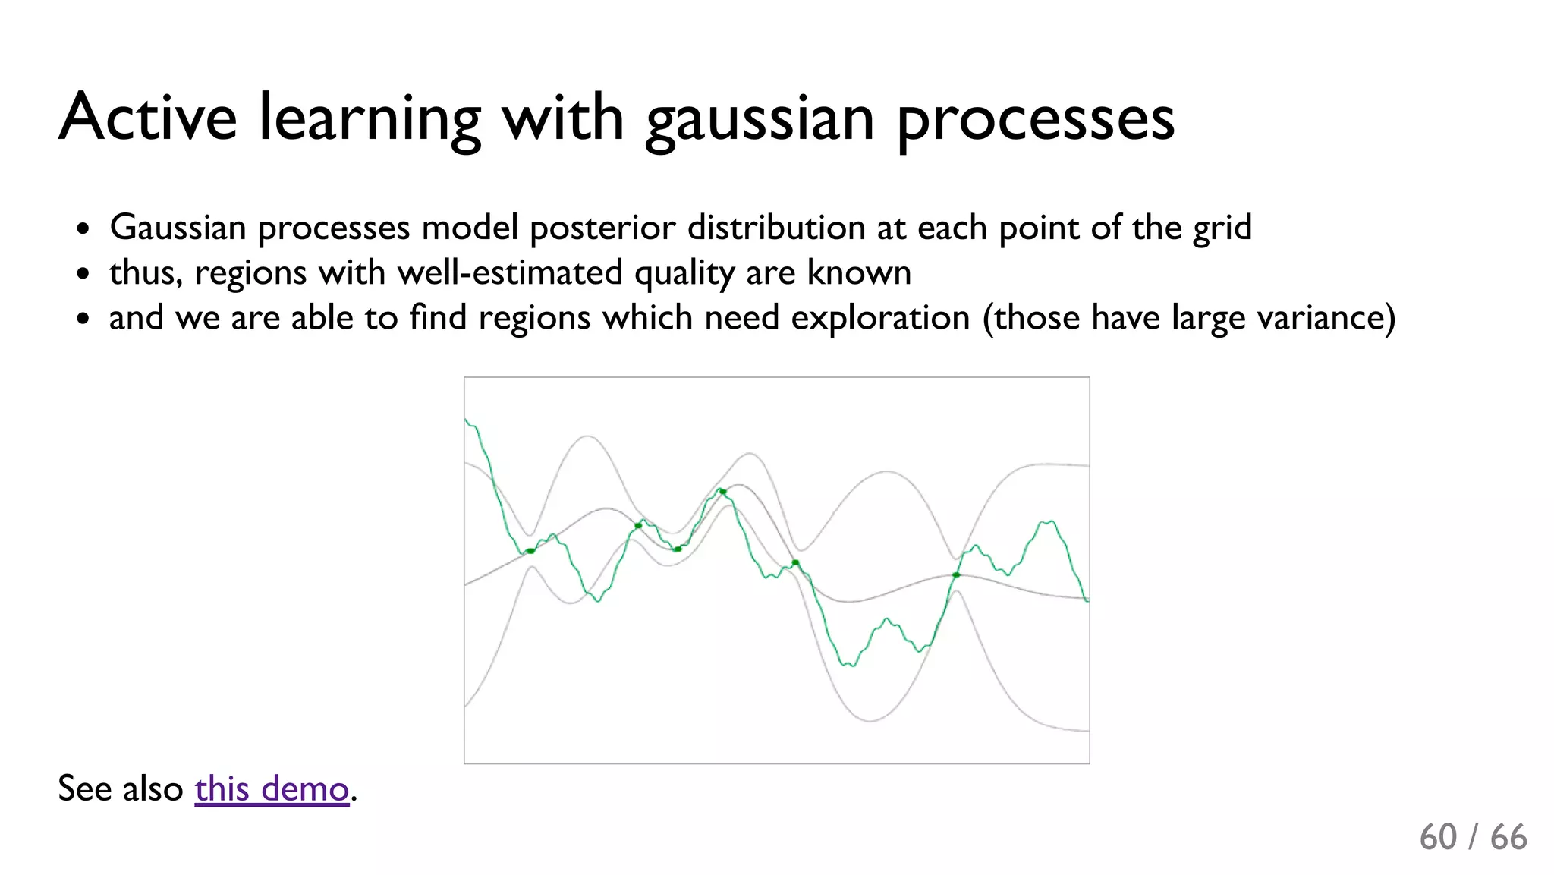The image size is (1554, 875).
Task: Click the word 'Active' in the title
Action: [x=148, y=118]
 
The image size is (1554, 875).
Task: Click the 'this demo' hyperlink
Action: [x=272, y=788]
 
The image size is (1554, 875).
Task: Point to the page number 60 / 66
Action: [x=1473, y=837]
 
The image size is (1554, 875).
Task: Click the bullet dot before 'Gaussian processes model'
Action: [x=83, y=228]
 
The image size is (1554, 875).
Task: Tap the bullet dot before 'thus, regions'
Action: [x=83, y=273]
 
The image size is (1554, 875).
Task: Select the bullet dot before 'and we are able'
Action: [x=83, y=318]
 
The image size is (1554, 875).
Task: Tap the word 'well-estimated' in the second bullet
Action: [x=509, y=272]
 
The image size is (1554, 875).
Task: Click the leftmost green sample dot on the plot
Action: [x=530, y=551]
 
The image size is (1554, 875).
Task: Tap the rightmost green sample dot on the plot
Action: [x=956, y=575]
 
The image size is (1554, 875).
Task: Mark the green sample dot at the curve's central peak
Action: [x=722, y=492]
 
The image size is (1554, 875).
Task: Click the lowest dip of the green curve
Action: [x=849, y=665]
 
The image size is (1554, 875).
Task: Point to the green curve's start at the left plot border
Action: [x=467, y=420]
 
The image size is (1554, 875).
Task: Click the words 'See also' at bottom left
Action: [x=120, y=788]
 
